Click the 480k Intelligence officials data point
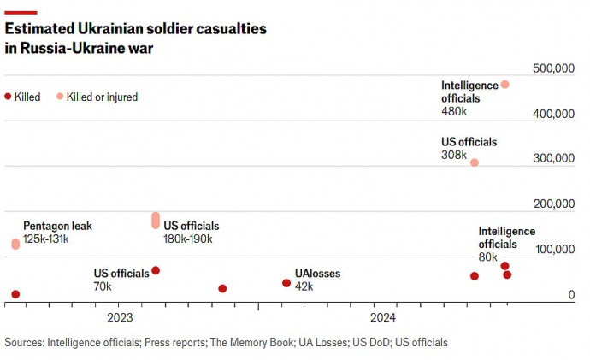(505, 85)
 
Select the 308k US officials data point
(475, 162)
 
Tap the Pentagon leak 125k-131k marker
(15, 244)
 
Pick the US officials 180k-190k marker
(156, 221)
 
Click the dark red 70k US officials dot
(156, 270)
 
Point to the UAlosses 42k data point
(286, 283)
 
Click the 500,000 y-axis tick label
(552, 68)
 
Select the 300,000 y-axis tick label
(552, 158)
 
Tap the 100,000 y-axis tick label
(552, 249)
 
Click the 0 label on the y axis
(571, 294)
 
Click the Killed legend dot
(8, 97)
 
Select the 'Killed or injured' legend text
(102, 97)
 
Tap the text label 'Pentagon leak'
(57, 227)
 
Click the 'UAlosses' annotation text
(317, 274)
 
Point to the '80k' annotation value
(487, 257)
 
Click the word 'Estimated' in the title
(37, 29)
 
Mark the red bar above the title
(21, 12)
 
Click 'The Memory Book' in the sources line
(251, 343)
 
